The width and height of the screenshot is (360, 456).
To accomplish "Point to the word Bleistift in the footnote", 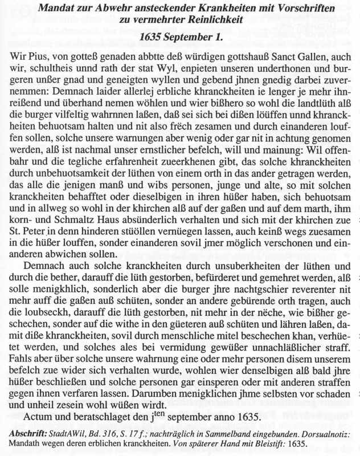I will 320,443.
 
